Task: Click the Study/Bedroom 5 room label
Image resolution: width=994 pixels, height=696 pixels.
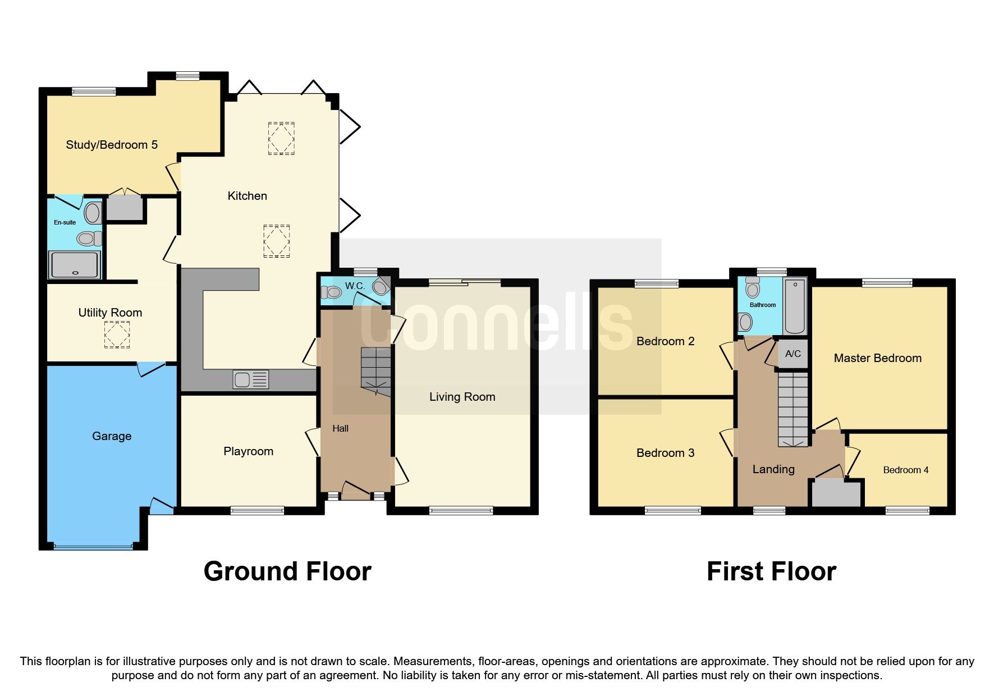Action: point(112,145)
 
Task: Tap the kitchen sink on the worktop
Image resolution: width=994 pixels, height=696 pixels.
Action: point(250,380)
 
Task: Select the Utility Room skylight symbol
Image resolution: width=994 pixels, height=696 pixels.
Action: point(117,335)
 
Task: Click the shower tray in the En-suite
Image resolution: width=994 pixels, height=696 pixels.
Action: point(75,265)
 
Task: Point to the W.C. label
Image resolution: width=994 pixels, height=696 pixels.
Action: point(355,286)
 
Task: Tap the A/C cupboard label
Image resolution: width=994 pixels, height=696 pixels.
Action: point(793,354)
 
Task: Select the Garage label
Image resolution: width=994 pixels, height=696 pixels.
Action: point(112,436)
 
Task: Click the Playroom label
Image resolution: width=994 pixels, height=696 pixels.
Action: point(248,451)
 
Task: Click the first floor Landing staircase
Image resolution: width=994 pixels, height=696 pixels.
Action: point(793,410)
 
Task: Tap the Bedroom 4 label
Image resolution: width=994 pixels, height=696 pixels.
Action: point(905,470)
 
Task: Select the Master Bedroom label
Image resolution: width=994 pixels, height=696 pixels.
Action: point(877,358)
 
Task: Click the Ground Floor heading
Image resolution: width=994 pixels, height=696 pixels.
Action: point(287,571)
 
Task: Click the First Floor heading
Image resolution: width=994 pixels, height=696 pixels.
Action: point(771,571)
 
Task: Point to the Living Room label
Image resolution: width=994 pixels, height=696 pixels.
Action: point(462,397)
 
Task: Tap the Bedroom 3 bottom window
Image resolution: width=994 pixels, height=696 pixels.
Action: point(672,510)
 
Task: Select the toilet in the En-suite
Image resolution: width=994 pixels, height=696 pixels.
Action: point(88,239)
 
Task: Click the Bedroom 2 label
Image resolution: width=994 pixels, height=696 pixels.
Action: point(665,341)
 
